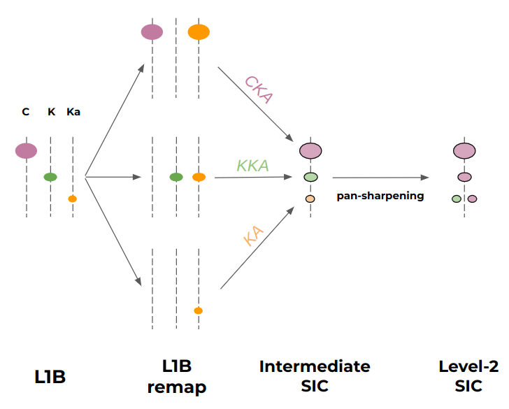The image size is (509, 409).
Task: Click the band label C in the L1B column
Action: (x=26, y=112)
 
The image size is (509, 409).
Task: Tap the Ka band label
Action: (x=73, y=112)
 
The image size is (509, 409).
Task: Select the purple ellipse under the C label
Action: (x=26, y=150)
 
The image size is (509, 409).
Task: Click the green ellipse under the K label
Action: (x=50, y=177)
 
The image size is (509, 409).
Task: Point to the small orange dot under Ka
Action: (x=72, y=199)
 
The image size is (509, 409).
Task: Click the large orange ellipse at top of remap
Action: (x=199, y=31)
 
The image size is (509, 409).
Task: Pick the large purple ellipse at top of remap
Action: (x=152, y=31)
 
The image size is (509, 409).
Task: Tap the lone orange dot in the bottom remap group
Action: (x=199, y=310)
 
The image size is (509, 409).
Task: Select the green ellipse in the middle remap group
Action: (x=176, y=177)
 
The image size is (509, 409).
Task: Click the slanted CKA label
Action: (x=257, y=89)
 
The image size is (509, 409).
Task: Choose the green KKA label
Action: (x=252, y=166)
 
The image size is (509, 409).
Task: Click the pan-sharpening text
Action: (x=380, y=196)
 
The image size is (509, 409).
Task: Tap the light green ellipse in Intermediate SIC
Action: (x=310, y=177)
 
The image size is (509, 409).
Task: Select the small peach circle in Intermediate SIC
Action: (x=310, y=199)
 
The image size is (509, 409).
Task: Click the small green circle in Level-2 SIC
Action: (x=457, y=199)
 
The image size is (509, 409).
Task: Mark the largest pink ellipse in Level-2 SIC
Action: (x=464, y=150)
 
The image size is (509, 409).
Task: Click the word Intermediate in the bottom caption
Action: (x=314, y=366)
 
